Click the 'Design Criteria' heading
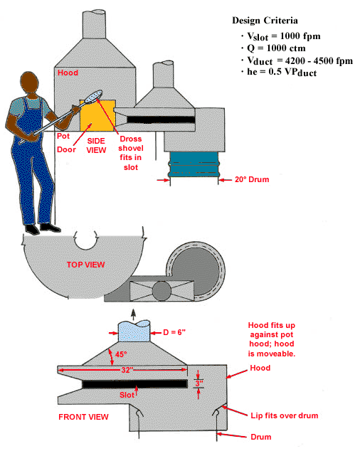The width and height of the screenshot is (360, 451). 265,21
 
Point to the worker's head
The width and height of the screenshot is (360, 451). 29,83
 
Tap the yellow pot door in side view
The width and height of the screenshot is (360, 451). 97,116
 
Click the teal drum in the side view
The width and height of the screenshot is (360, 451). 194,164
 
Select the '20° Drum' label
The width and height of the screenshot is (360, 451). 252,179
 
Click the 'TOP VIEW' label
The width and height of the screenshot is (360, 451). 86,265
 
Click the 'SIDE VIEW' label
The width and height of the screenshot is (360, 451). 96,146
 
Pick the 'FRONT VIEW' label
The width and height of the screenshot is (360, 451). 83,417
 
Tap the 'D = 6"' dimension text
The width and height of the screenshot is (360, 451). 174,332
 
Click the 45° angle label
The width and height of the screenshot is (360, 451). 121,354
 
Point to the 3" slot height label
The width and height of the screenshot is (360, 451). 199,383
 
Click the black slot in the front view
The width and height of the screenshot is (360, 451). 134,384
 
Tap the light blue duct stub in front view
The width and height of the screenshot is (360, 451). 134,331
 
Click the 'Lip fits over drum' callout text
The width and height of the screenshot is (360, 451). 285,415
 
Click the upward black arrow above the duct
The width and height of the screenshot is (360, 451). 133,314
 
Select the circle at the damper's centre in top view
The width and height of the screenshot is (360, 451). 162,291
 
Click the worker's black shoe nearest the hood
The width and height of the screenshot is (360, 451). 50,228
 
